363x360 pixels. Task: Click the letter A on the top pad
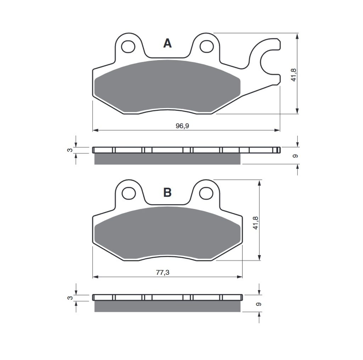click(167, 43)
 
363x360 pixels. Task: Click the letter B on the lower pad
click(167, 192)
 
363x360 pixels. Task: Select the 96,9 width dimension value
click(183, 126)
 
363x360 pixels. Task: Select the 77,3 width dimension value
click(163, 272)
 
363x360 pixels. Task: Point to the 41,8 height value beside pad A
click(294, 75)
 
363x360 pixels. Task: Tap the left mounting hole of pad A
click(128, 47)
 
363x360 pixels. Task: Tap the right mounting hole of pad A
click(207, 46)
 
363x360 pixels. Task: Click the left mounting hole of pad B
click(129, 193)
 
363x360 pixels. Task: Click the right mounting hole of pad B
click(206, 193)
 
